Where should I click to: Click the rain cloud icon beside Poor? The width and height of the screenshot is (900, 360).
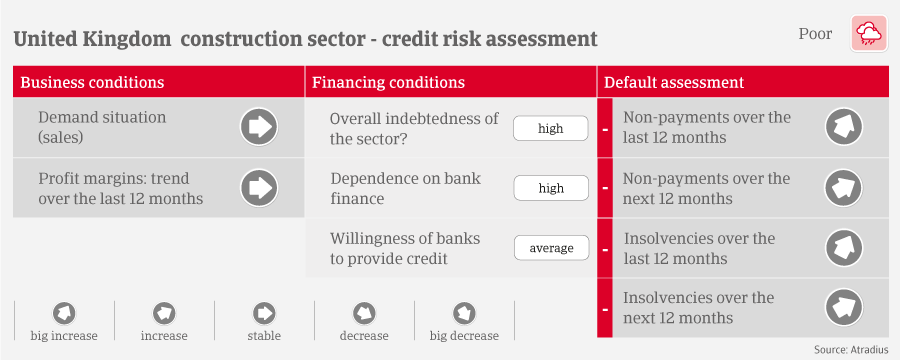(869, 34)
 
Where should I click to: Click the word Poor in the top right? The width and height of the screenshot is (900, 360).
(815, 34)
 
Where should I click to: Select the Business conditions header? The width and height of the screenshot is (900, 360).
(92, 82)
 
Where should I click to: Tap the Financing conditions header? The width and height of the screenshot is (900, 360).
(389, 82)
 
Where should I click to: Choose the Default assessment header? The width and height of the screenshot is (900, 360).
(674, 82)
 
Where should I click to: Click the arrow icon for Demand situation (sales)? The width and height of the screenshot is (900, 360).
(259, 127)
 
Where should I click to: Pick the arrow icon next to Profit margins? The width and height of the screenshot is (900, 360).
(259, 188)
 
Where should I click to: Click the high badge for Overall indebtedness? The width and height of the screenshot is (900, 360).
(550, 128)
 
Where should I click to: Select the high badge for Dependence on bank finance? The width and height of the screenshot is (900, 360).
(551, 188)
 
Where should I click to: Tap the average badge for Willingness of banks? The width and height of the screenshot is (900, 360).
(551, 248)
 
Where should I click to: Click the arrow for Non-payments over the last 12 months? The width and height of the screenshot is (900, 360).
(844, 127)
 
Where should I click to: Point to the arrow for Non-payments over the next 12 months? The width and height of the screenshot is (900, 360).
(844, 188)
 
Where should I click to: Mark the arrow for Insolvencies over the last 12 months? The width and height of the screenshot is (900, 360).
(844, 248)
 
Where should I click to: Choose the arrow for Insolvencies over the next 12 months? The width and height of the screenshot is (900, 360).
(844, 308)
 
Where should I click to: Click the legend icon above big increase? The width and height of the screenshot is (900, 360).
(64, 313)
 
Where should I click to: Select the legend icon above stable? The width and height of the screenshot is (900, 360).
(264, 313)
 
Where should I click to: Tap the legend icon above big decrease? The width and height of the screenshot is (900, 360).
(464, 313)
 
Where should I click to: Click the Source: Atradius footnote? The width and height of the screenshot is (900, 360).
(851, 349)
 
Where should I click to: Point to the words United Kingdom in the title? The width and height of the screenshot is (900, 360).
(92, 40)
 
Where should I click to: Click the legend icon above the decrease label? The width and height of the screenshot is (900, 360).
(364, 313)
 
